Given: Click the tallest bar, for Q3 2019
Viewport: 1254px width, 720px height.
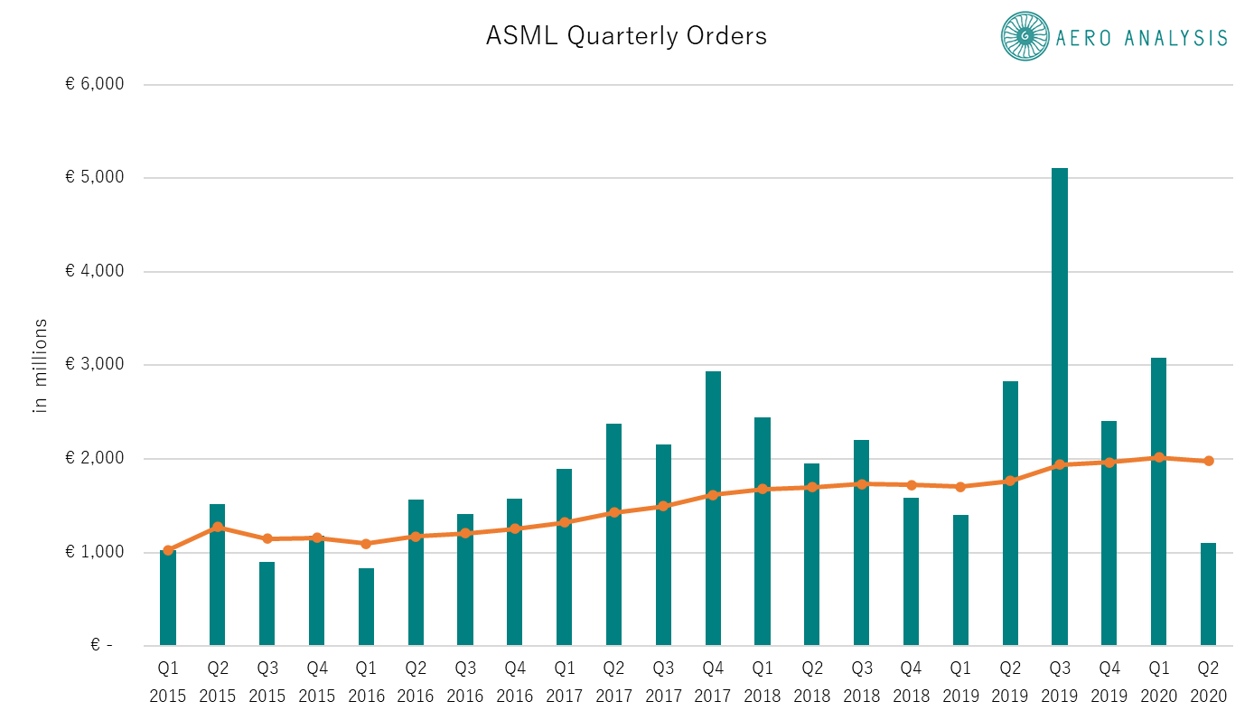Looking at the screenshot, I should point(1060,407).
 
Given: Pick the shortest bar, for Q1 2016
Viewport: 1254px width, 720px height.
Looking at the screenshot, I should point(366,607).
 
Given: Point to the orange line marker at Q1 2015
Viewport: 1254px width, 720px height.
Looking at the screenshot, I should point(168,550).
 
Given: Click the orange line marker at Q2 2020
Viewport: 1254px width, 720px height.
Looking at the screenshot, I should point(1208,461).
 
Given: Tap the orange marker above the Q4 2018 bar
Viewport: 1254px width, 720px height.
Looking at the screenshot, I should point(911,485).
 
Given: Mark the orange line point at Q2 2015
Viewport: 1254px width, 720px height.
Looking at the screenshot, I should point(218,527).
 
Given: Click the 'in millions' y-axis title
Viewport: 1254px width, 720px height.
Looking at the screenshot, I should point(40,365).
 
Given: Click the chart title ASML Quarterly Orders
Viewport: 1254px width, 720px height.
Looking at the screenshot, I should point(626,35).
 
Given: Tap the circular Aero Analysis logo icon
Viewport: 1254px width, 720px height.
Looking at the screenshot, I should point(1025,36).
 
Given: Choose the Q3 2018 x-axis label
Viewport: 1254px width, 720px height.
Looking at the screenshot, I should point(862,683).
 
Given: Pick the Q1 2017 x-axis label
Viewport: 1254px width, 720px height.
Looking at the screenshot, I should point(565,683).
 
